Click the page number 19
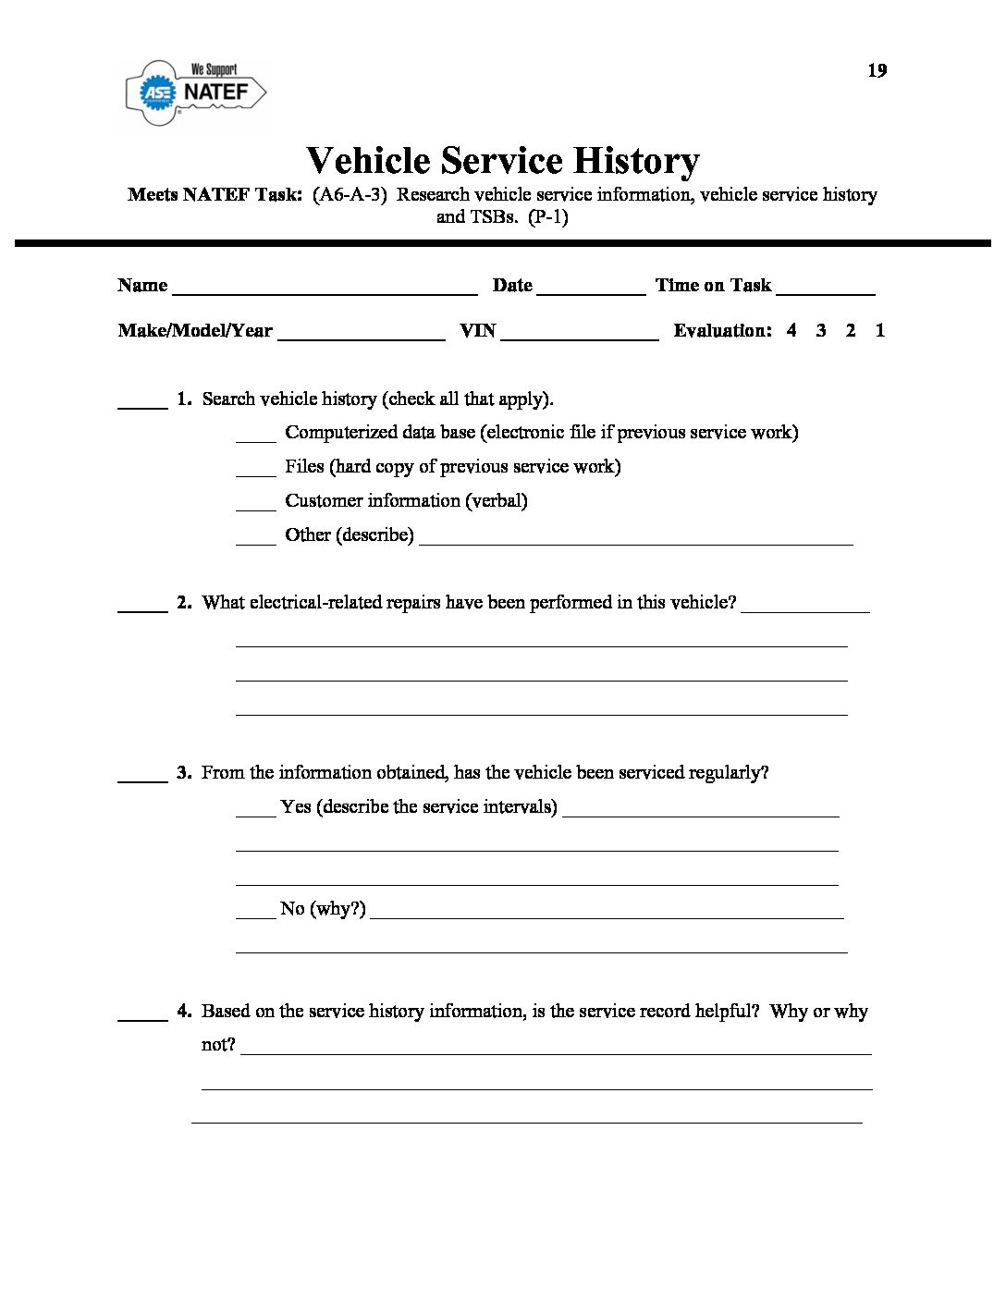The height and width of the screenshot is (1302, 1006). [877, 70]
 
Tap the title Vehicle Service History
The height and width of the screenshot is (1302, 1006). [503, 161]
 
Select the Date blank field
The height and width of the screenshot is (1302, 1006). [591, 287]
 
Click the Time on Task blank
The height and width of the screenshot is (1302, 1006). [826, 287]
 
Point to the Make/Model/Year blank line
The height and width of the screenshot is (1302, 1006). [361, 333]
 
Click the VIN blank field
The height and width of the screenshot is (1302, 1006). [579, 333]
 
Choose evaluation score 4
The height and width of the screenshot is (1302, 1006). [791, 330]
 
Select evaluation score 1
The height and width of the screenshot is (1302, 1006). [880, 330]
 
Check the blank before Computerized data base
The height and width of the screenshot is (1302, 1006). [255, 435]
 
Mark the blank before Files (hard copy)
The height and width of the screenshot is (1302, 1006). [255, 469]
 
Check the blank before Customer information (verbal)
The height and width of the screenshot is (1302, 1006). [255, 503]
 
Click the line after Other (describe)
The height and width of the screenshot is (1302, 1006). [635, 537]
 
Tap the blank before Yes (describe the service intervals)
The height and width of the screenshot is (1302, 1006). [255, 809]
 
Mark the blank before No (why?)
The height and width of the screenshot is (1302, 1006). [255, 911]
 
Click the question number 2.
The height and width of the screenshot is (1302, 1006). [184, 602]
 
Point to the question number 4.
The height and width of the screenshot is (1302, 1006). [184, 1011]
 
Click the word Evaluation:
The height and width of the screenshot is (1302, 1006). [722, 330]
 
